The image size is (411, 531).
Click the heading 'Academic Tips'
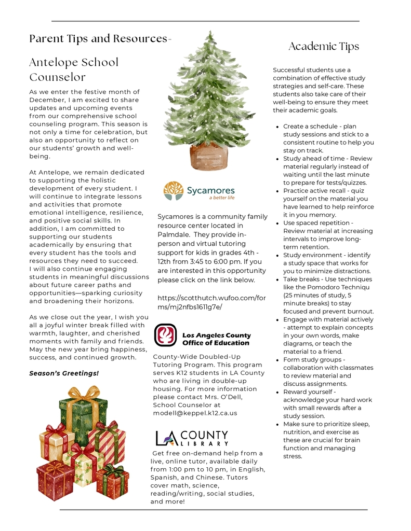point(324,47)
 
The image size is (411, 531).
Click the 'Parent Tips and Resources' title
point(98,39)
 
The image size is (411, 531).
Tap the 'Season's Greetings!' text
point(64,373)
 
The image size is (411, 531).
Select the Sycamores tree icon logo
point(174,191)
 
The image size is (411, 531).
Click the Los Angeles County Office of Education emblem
point(166,336)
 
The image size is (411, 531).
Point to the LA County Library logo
point(192,438)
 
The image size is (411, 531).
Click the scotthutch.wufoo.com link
point(211,302)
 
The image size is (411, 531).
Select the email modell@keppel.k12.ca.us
point(195,413)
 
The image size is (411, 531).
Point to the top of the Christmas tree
point(209,35)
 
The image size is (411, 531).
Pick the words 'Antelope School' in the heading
point(74,63)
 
